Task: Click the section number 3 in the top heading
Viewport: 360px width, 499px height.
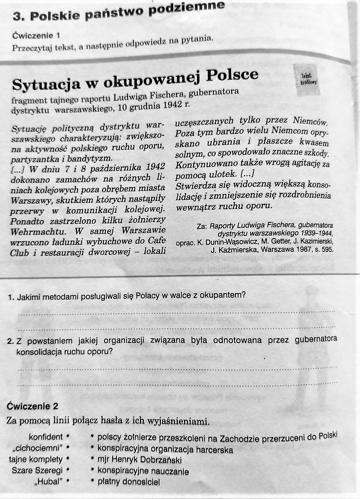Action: (x=16, y=16)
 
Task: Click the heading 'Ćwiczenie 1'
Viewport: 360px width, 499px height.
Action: (x=36, y=36)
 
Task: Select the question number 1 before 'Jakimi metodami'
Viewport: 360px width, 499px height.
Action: (x=11, y=297)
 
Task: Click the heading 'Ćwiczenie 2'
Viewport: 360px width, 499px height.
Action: (x=32, y=406)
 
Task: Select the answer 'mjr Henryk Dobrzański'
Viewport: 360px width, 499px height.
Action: (x=140, y=460)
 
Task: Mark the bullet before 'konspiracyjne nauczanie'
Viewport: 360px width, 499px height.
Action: (x=91, y=471)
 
